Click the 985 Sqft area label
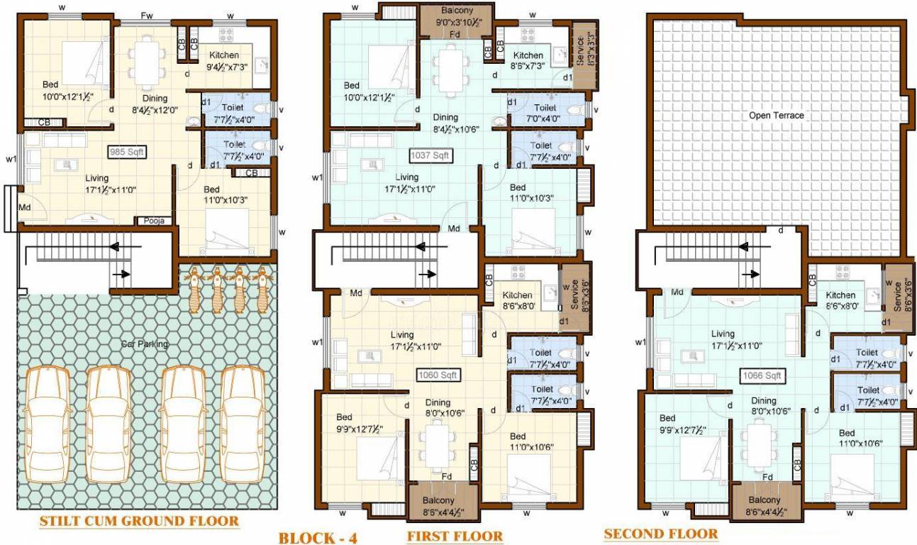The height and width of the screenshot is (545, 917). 126,152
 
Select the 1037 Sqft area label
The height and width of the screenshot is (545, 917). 430,154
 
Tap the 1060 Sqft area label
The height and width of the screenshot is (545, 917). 437,375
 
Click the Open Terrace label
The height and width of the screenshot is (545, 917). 777,115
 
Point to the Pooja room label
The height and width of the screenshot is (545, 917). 154,221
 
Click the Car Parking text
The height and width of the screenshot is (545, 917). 144,344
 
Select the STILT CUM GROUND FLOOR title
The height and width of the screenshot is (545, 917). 138,522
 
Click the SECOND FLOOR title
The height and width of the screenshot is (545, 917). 660,534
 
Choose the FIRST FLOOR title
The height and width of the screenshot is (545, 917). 455,536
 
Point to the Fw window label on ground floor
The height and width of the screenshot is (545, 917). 147,16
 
